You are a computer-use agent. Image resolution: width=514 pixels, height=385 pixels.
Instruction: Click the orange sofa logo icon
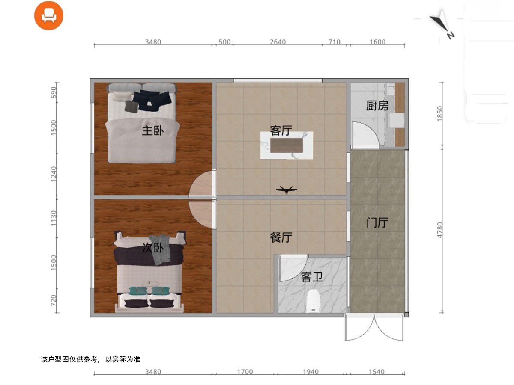point(49,15)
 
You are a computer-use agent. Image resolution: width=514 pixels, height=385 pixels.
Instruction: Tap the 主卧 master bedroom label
point(153,130)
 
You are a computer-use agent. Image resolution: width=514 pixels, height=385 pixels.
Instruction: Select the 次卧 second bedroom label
point(153,248)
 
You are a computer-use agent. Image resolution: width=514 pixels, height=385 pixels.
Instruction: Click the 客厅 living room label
point(281,130)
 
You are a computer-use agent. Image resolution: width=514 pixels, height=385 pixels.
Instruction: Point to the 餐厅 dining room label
point(281,237)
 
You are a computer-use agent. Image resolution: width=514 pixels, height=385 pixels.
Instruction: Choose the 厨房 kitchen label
point(377,106)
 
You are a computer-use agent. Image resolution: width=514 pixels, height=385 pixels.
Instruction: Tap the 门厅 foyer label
point(377,222)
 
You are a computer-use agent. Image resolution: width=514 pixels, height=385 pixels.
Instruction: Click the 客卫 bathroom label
point(312,277)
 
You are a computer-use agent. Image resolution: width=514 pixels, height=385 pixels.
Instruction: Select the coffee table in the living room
point(287,145)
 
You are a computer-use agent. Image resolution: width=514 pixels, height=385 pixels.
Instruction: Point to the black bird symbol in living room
point(287,190)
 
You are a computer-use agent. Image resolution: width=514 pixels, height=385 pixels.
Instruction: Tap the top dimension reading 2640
point(278,42)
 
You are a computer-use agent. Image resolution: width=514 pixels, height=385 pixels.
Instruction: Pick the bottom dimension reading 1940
point(311,372)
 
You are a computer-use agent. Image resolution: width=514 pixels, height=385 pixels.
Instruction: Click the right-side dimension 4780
point(440,230)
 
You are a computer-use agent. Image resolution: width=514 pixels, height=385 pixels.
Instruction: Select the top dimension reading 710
point(335,42)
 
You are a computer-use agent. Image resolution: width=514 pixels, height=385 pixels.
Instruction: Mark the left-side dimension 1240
point(54,174)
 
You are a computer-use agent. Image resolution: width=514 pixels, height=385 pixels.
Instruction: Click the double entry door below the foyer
point(374,327)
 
